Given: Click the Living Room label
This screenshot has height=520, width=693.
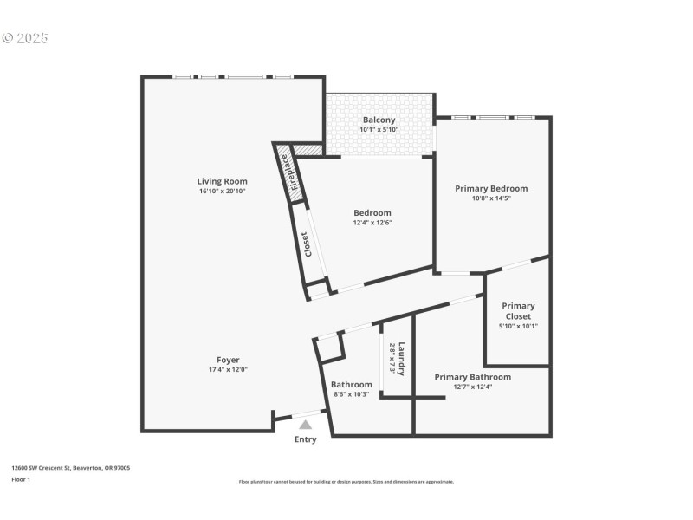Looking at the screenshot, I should pyautogui.click(x=223, y=181).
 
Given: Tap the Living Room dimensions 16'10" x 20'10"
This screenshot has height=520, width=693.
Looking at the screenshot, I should pyautogui.click(x=223, y=191).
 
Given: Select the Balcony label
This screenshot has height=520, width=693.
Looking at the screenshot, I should pyautogui.click(x=379, y=120).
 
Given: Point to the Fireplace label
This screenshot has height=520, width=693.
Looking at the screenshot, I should pyautogui.click(x=295, y=172).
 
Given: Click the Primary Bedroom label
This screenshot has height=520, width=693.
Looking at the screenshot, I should pyautogui.click(x=491, y=188).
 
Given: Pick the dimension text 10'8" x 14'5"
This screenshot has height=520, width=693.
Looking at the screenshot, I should pyautogui.click(x=491, y=198).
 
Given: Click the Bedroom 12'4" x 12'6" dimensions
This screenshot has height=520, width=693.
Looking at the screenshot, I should pyautogui.click(x=372, y=223).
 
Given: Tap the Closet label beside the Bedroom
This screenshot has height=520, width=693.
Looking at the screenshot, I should pyautogui.click(x=307, y=244).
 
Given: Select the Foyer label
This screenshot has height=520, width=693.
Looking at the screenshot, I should pyautogui.click(x=228, y=360).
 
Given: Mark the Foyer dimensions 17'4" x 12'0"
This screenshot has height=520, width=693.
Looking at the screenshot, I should pyautogui.click(x=228, y=370).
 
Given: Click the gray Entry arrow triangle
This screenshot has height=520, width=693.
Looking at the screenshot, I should pyautogui.click(x=305, y=425).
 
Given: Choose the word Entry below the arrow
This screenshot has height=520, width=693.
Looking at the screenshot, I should pyautogui.click(x=305, y=439).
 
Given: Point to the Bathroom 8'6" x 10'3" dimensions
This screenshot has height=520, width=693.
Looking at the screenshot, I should pyautogui.click(x=352, y=394).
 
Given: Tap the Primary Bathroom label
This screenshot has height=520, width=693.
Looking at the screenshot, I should pyautogui.click(x=472, y=377).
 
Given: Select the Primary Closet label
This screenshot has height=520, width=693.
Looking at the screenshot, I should pyautogui.click(x=518, y=311).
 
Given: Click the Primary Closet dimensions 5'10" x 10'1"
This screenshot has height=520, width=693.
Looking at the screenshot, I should pyautogui.click(x=518, y=327).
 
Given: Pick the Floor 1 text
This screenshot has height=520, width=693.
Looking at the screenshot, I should pyautogui.click(x=20, y=479).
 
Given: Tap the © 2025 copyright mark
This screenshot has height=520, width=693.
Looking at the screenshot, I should pyautogui.click(x=25, y=38).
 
